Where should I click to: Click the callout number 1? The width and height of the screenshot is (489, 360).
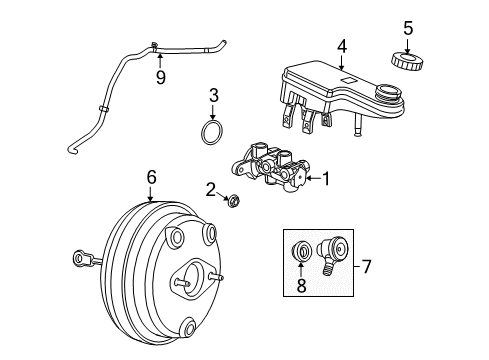(x=325, y=179)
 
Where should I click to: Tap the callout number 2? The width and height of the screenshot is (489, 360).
(x=211, y=188)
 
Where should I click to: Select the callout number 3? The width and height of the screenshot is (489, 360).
(x=211, y=96)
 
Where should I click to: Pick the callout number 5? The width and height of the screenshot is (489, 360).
(x=407, y=26)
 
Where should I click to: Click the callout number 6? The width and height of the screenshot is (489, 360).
(x=151, y=177)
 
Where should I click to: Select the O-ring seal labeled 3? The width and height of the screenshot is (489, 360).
(x=210, y=133)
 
